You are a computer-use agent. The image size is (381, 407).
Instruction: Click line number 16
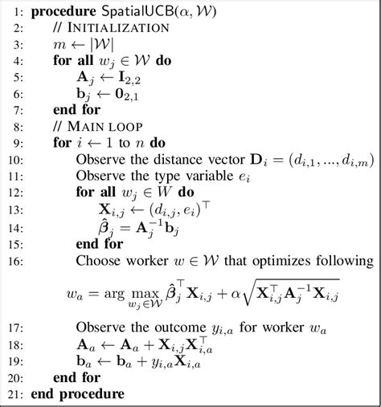tap(15, 260)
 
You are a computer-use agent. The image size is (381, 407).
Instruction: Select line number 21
tap(15, 395)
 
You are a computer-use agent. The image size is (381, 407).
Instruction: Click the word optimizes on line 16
tap(285, 260)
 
